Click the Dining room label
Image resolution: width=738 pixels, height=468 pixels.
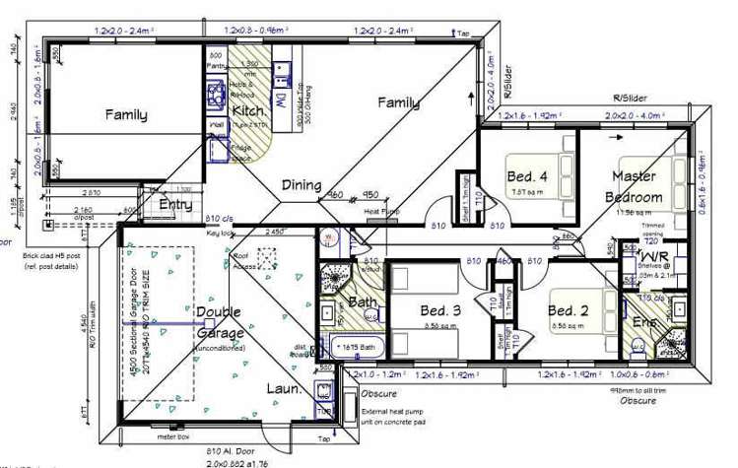click(x=302, y=184)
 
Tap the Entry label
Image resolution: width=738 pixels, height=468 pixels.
click(x=176, y=204)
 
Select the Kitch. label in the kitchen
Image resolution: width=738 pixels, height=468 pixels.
click(x=247, y=111)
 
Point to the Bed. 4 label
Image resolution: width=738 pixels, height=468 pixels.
click(x=527, y=176)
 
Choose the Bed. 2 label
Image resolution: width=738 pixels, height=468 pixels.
click(x=569, y=310)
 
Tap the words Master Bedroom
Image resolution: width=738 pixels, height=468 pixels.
click(x=634, y=186)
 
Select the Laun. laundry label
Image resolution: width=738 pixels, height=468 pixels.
click(x=285, y=388)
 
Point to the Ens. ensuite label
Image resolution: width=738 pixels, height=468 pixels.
click(x=644, y=322)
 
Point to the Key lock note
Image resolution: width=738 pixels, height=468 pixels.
click(x=220, y=233)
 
